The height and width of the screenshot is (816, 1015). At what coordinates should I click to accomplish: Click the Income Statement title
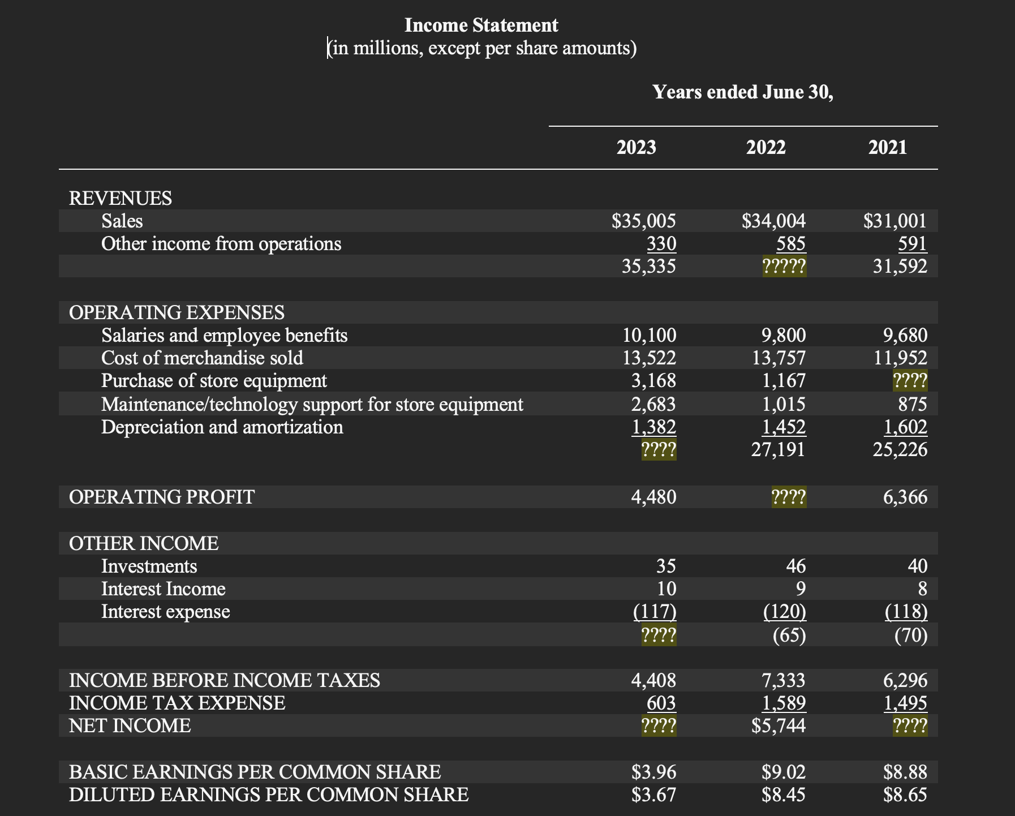481,25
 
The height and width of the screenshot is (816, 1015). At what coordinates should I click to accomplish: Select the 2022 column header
765,148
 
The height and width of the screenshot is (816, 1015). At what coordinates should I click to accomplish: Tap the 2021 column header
887,148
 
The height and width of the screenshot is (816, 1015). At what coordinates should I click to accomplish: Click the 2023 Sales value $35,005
644,221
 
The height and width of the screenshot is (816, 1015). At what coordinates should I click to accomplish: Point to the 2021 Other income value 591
912,244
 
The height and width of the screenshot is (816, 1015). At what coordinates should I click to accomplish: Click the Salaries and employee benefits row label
224,336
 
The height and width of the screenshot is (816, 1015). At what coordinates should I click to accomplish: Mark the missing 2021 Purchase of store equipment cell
910,381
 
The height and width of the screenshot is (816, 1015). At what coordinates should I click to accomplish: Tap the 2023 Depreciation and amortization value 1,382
653,427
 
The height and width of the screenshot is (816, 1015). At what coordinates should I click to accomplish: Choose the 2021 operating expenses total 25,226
900,450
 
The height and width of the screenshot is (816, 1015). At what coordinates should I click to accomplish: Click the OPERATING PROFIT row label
162,497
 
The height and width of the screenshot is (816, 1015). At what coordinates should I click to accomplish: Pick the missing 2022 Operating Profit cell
789,497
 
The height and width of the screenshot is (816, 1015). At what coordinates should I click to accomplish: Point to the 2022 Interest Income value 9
800,589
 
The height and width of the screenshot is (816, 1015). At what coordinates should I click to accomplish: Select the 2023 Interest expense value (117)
655,612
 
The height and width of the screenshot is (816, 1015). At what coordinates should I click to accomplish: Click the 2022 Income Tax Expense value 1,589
784,703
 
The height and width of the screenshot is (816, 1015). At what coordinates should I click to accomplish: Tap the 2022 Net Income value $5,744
779,725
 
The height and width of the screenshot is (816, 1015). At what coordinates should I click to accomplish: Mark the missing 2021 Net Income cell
910,726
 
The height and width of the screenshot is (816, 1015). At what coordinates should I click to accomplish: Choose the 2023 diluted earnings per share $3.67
653,794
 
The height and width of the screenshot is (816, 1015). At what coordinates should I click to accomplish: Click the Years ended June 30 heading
742,92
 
